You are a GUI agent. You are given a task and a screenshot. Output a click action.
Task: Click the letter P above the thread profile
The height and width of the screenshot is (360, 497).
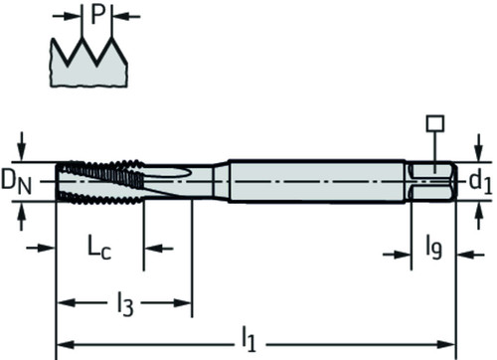(x=97, y=15)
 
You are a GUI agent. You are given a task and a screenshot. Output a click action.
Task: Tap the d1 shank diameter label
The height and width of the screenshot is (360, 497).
(x=480, y=181)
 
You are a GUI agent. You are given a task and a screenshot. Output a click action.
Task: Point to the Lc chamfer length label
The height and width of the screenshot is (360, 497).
(x=99, y=247)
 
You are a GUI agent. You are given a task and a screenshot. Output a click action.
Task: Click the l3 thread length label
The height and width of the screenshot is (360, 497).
(x=125, y=303)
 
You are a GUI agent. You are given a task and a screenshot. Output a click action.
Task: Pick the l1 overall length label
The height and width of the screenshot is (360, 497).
(x=248, y=339)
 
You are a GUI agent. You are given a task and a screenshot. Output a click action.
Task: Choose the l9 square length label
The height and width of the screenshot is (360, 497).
(x=434, y=248)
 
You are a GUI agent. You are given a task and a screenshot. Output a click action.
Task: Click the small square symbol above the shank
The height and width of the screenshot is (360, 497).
(x=435, y=123)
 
